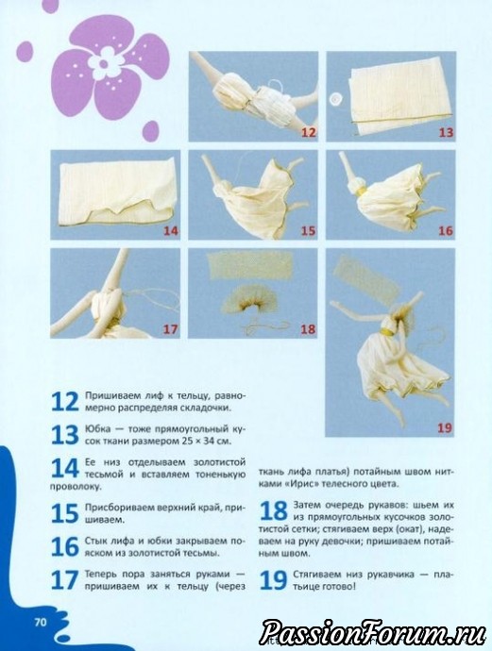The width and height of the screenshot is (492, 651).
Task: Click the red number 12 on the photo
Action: point(309,132)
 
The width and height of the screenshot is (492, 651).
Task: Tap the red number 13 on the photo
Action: point(446,132)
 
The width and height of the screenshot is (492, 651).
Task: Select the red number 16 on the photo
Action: point(446,231)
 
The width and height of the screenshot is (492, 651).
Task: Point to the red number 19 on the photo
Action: point(445,427)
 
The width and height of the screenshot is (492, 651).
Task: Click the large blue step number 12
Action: point(64,402)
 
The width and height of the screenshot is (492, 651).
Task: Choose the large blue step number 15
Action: point(64,513)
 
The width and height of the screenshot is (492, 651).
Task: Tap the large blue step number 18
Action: point(273,511)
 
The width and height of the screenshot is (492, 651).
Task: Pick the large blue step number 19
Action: point(273,580)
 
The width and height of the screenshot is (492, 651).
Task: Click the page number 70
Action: point(41,623)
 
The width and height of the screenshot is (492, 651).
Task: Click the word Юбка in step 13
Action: point(97,429)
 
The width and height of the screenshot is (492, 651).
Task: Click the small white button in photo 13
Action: point(336,99)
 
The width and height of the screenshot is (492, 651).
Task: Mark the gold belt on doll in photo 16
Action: point(363,191)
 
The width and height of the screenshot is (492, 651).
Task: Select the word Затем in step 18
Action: point(308,506)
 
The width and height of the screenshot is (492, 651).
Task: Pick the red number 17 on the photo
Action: point(170,329)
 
